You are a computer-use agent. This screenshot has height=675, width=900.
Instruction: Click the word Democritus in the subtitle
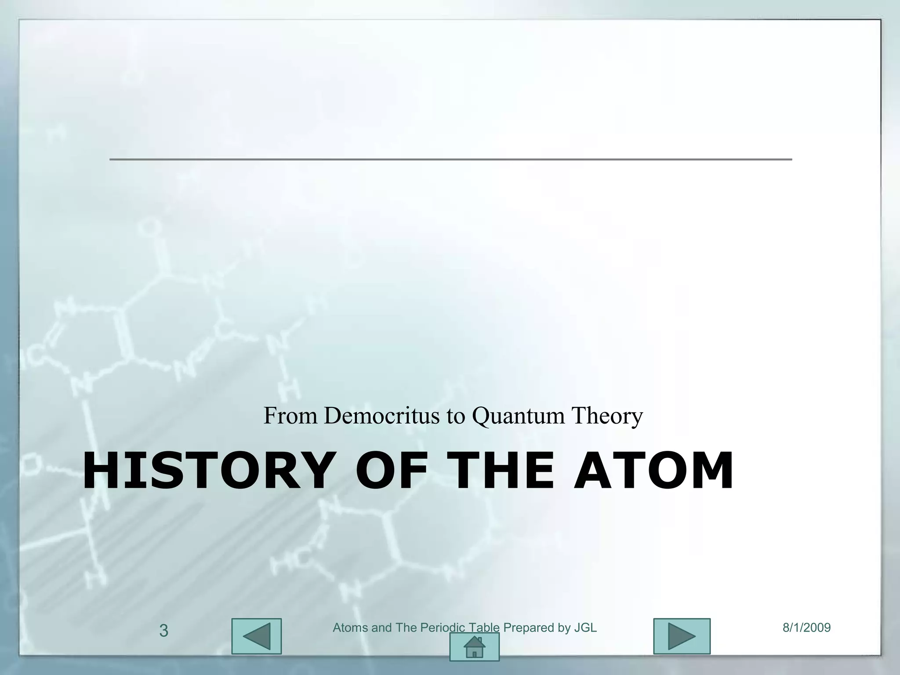click(381, 415)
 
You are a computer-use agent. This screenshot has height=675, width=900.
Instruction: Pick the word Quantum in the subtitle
click(518, 415)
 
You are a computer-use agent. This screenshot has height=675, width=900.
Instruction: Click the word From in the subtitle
click(290, 415)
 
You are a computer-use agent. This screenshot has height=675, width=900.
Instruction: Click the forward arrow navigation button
click(682, 636)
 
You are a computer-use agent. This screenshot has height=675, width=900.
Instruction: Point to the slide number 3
click(163, 631)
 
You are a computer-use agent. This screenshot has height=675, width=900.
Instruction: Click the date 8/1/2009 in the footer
click(806, 628)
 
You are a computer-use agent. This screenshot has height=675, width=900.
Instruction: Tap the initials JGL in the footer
click(585, 628)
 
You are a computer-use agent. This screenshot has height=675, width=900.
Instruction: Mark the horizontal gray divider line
click(450, 159)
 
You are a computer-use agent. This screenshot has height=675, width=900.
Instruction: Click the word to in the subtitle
click(455, 415)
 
